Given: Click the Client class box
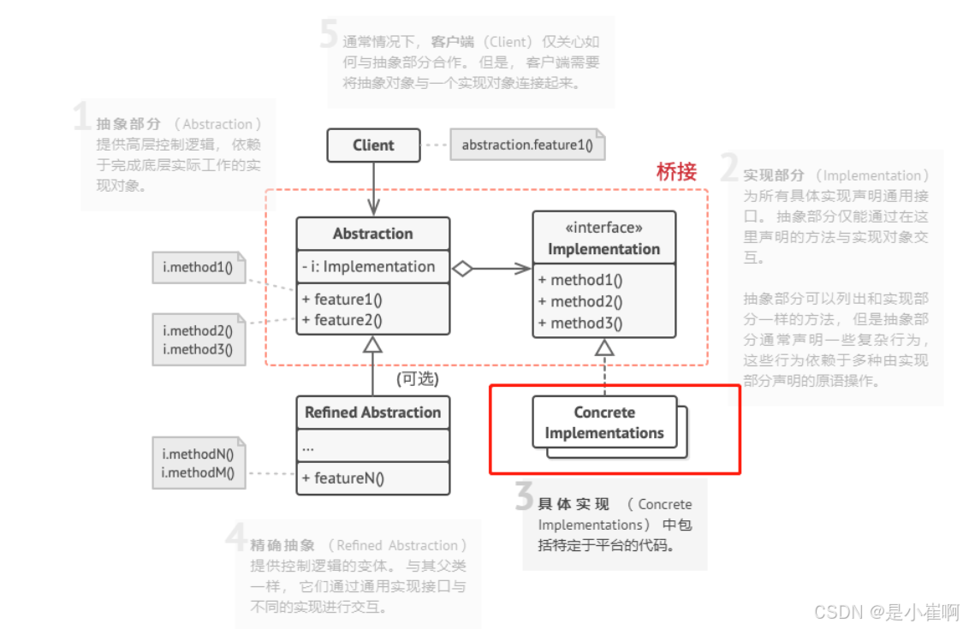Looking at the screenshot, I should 373,145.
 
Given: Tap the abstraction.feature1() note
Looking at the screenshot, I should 527,145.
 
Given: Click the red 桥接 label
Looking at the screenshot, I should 676,171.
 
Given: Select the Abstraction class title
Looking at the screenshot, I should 372,234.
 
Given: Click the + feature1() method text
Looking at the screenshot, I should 342,300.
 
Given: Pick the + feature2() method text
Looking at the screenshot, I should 342,320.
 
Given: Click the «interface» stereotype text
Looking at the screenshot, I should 603,228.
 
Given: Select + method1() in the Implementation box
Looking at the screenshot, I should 580,280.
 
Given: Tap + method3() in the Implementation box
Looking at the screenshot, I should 580,323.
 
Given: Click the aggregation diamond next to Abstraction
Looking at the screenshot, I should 462,269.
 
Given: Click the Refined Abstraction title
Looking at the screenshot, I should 372,412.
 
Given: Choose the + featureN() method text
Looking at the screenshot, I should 342,478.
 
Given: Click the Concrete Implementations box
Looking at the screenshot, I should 604,423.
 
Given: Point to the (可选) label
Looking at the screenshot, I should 417,378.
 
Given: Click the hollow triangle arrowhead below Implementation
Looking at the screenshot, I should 604,347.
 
